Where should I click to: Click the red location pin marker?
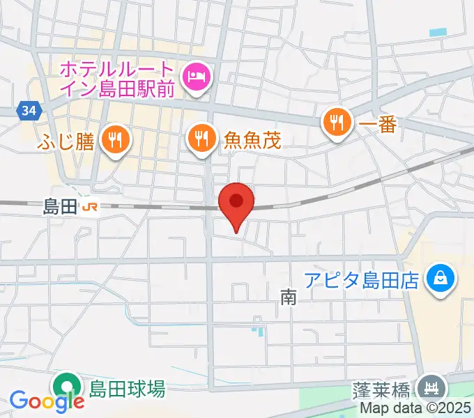tap(236, 203)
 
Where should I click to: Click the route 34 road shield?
tap(29, 110)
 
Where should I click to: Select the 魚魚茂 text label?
tap(252, 140)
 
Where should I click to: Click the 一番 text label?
tap(377, 124)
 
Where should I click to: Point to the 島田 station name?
tap(59, 206)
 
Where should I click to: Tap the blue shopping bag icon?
tap(442, 280)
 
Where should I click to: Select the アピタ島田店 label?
tap(362, 280)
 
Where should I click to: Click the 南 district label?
tap(288, 298)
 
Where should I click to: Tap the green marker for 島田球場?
tap(67, 387)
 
